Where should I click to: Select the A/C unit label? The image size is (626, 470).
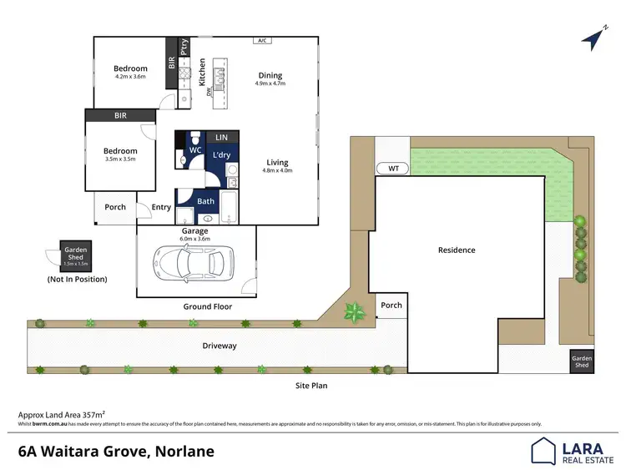(261, 40)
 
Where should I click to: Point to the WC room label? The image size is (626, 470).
(195, 150)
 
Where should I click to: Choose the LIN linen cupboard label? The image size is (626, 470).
(221, 137)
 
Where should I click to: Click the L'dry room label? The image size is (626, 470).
(221, 155)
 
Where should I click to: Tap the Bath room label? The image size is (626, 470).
(205, 201)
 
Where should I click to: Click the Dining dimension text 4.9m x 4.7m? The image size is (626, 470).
(270, 83)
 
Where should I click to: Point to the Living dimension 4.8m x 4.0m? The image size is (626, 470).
(277, 170)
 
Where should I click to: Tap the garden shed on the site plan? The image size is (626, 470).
(581, 361)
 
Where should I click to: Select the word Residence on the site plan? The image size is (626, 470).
(457, 250)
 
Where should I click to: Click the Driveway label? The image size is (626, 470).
(220, 345)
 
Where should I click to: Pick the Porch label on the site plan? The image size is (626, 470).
(391, 305)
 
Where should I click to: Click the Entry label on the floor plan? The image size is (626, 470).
(161, 208)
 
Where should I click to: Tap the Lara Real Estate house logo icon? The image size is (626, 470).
(544, 451)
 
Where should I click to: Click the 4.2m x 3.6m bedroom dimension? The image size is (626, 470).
(130, 77)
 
